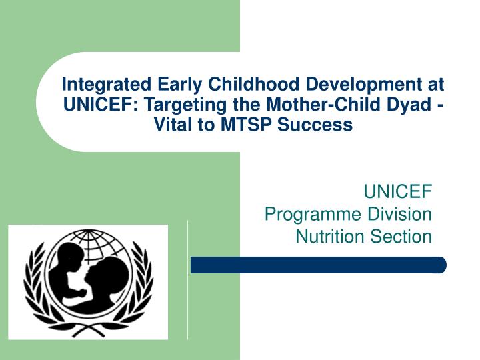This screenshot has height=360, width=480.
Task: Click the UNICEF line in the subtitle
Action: pos(397,193)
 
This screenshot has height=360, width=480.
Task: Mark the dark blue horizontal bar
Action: pos(318,265)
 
